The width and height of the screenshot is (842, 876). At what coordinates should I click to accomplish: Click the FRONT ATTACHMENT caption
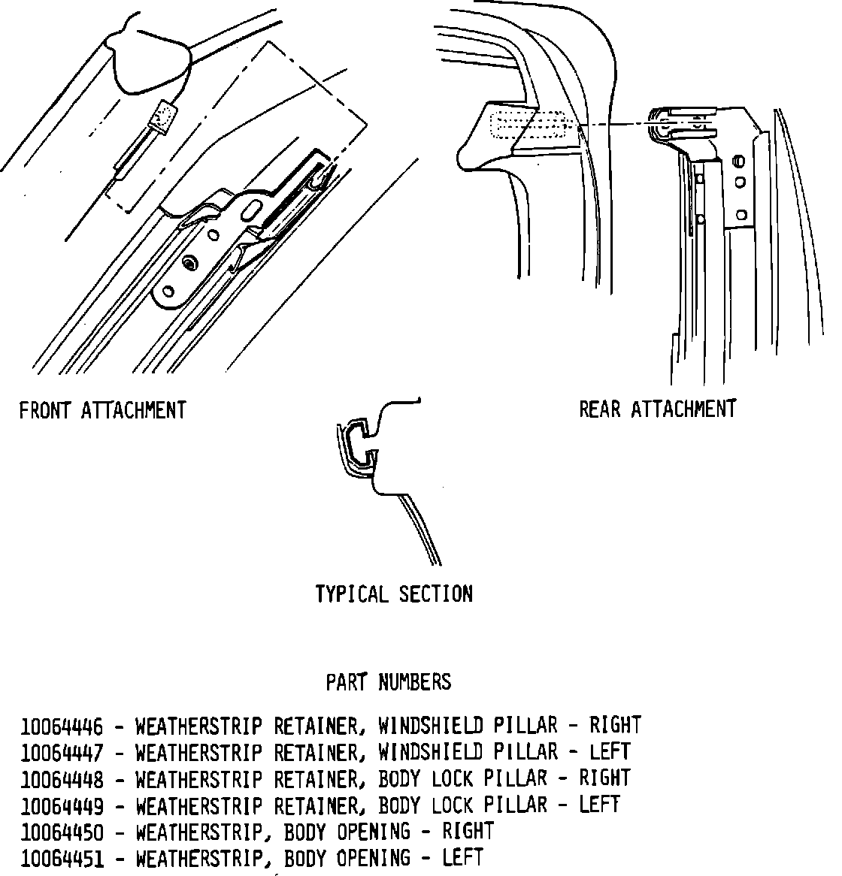click(102, 411)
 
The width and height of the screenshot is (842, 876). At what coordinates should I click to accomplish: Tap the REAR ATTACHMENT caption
click(657, 409)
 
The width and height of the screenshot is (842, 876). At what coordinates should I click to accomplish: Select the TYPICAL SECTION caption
click(394, 594)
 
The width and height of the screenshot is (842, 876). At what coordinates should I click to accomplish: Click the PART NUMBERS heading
click(388, 682)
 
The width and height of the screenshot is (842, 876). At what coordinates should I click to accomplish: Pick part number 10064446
click(62, 726)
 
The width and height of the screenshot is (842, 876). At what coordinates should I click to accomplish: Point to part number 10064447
click(62, 753)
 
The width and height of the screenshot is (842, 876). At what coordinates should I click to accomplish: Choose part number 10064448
click(62, 779)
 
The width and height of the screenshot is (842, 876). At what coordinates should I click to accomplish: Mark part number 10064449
click(62, 806)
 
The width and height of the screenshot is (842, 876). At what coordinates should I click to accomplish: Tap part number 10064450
click(62, 832)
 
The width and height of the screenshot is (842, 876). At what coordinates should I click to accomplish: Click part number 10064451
click(62, 859)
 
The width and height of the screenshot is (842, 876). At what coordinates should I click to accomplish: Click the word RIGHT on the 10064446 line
click(615, 726)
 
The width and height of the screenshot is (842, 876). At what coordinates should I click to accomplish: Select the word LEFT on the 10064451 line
click(462, 858)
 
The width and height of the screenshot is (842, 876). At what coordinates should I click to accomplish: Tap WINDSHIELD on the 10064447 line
click(430, 752)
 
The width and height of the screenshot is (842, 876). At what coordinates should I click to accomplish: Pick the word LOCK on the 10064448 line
click(453, 778)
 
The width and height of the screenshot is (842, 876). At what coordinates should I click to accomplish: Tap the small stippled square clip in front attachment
click(164, 115)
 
